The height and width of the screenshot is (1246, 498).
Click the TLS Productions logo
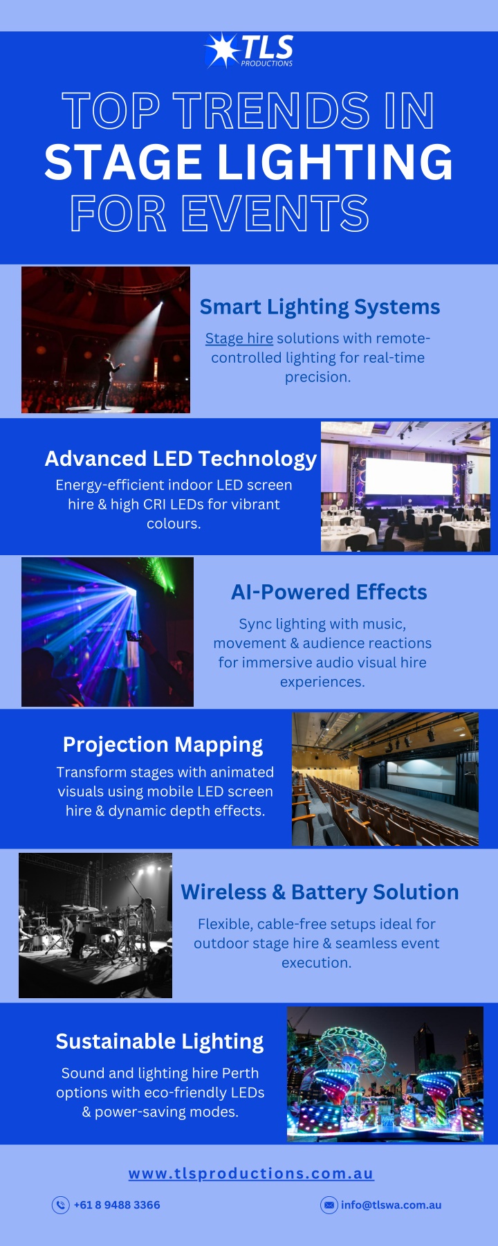coord(249,51)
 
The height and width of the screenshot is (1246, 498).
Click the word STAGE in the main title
coord(123,162)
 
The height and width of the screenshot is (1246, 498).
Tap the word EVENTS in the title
coord(276,213)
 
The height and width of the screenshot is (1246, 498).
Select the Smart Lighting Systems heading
coord(320,307)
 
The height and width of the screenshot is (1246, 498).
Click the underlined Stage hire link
coord(239,338)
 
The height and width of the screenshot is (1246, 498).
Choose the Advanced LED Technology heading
coord(181,458)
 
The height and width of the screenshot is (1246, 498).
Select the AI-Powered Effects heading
coord(329,593)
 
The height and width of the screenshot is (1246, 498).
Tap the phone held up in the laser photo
coord(134,635)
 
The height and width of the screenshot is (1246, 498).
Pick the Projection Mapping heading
coord(163,745)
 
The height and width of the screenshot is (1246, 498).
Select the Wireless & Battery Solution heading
coord(320,892)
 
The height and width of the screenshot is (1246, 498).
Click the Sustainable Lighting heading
coord(160,1042)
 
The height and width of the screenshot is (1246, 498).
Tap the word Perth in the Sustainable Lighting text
coord(240,1073)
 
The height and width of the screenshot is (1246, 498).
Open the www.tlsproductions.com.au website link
coord(251,1173)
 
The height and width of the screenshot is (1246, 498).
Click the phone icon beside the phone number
coord(61,1205)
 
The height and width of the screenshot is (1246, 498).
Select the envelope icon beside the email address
coord(329,1205)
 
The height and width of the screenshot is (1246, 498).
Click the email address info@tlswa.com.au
coord(391,1205)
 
